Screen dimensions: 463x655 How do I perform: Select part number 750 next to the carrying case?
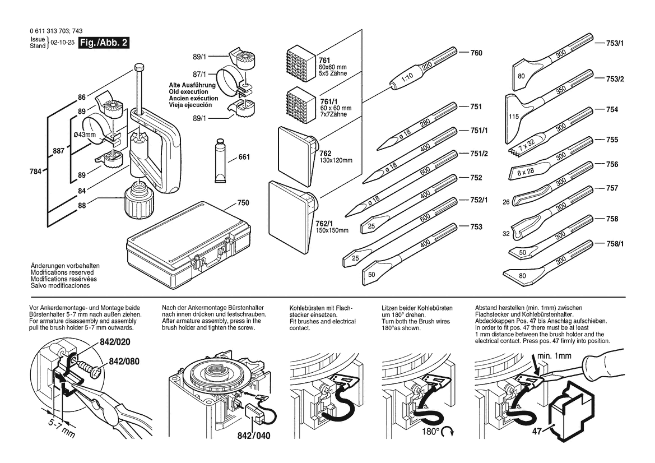243,202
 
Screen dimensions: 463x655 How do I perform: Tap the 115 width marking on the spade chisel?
513,116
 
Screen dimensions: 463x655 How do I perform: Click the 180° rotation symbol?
439,432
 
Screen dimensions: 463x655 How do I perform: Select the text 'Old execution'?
188,92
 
